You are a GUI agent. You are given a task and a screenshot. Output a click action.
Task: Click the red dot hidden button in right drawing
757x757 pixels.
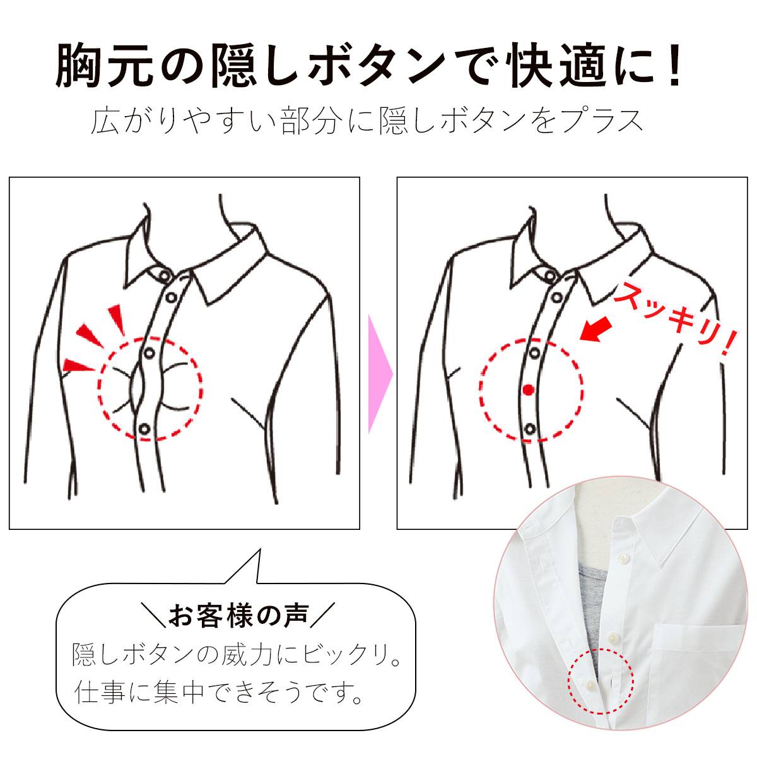tap(528, 390)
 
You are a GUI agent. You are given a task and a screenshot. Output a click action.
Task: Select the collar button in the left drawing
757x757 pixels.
tap(165, 276)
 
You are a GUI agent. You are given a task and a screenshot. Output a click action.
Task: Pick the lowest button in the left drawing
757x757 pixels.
tap(144, 429)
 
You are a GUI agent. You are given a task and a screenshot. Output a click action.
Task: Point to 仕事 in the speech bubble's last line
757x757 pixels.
tap(95, 694)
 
